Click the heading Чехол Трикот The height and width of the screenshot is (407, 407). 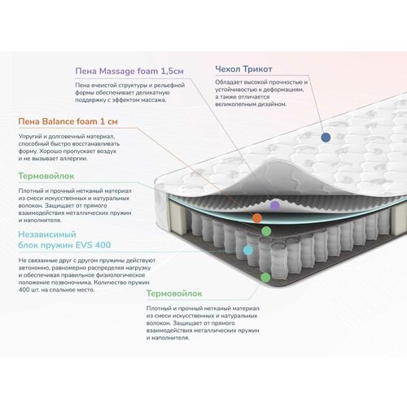[x=243, y=69]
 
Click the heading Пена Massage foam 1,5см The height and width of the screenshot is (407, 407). [x=129, y=71]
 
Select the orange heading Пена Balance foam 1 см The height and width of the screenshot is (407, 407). [x=68, y=121]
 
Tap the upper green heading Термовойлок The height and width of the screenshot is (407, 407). [x=46, y=176]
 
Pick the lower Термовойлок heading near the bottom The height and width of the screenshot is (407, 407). [x=174, y=293]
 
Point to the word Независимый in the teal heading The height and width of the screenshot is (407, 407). [x=47, y=234]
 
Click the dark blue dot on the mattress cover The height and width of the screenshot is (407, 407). [x=326, y=138]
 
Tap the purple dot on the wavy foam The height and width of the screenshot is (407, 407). [x=275, y=205]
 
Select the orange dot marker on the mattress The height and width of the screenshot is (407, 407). [x=257, y=218]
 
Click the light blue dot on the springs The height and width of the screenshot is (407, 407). [x=247, y=250]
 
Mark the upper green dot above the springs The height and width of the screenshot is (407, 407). [x=266, y=231]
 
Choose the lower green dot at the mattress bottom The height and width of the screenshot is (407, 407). [x=265, y=277]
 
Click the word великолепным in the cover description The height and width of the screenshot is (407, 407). [x=234, y=104]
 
